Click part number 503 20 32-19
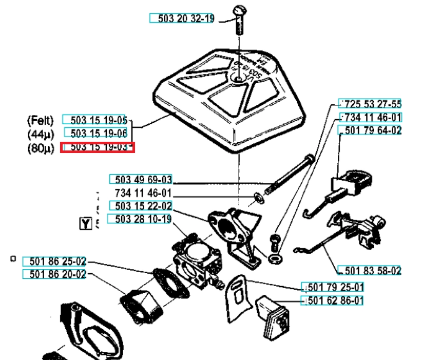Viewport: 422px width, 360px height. click(x=182, y=18)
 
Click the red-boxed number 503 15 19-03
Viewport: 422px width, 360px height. click(x=98, y=147)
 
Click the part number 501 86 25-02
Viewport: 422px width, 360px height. click(x=54, y=261)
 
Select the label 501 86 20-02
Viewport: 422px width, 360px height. click(x=54, y=274)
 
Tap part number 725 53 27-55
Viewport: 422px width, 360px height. click(x=371, y=104)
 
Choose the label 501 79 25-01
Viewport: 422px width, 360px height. click(x=332, y=287)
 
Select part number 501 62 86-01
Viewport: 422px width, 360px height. click(x=332, y=300)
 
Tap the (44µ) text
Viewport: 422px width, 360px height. click(x=40, y=134)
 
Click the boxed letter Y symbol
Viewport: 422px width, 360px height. click(x=85, y=223)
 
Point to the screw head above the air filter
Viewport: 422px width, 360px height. click(x=240, y=9)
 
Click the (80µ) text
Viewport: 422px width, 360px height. click(x=40, y=148)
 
